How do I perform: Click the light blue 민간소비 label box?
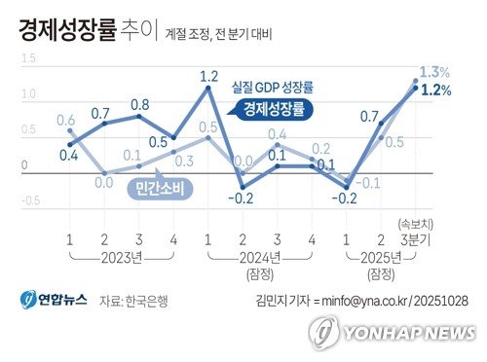coord(162,184)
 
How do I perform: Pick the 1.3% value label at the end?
coord(433,72)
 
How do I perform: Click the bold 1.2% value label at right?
coord(435,90)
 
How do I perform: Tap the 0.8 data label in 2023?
coord(139,105)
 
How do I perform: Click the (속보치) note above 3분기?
coord(414,223)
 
